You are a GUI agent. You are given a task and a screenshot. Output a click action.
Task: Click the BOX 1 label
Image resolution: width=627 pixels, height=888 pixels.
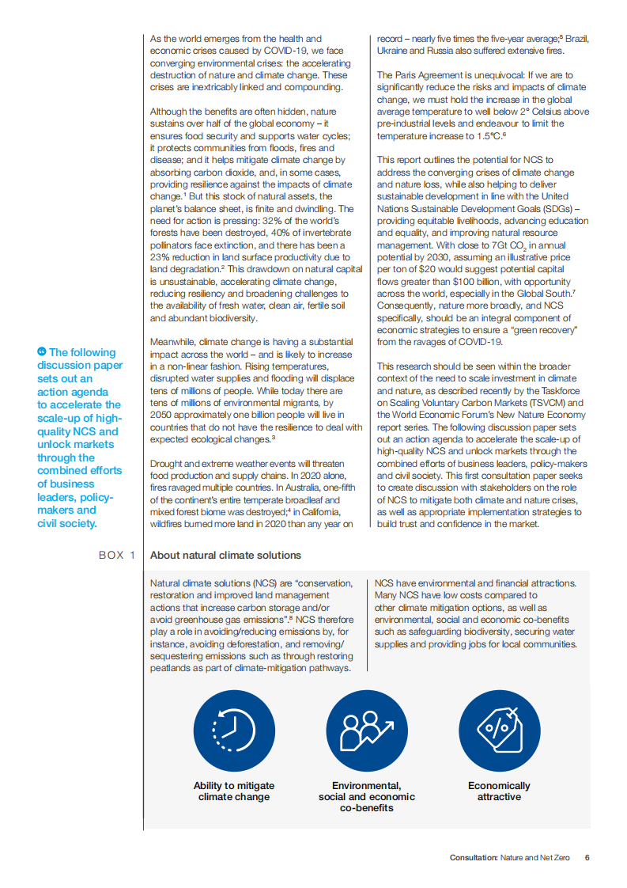(x=117, y=556)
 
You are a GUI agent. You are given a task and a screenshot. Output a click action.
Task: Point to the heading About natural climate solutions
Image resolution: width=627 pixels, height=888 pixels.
(x=225, y=556)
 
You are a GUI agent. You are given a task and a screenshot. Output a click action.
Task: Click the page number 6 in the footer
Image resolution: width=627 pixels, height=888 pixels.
(x=587, y=857)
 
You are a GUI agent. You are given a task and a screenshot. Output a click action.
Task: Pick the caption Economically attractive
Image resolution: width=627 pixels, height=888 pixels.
(x=499, y=791)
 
